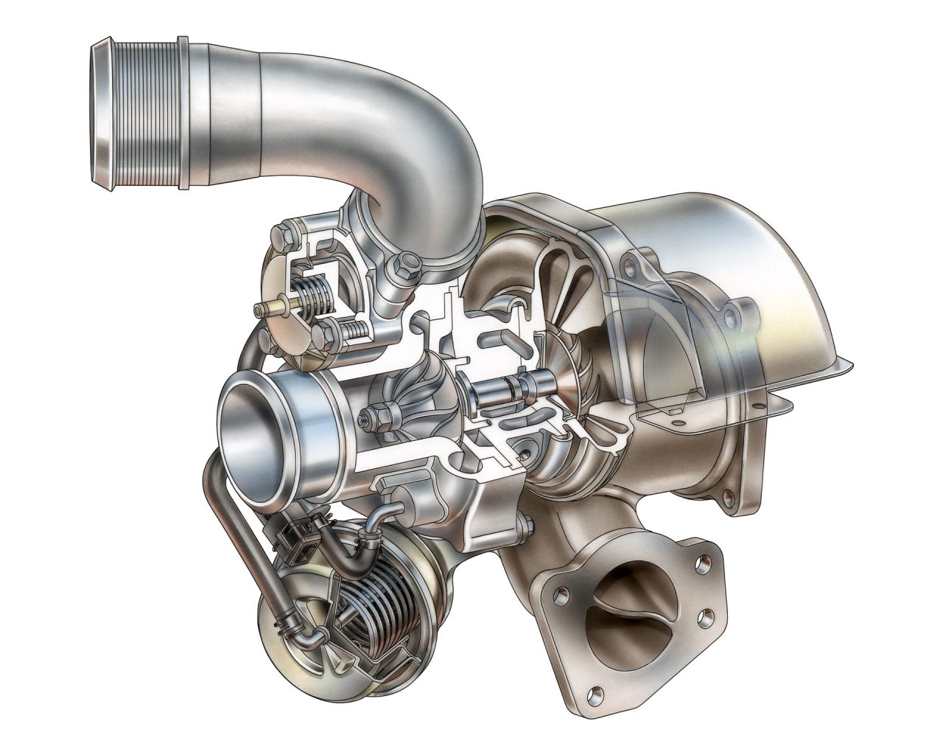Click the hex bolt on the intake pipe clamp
click(x=404, y=266)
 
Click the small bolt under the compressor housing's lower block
click(x=527, y=526)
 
